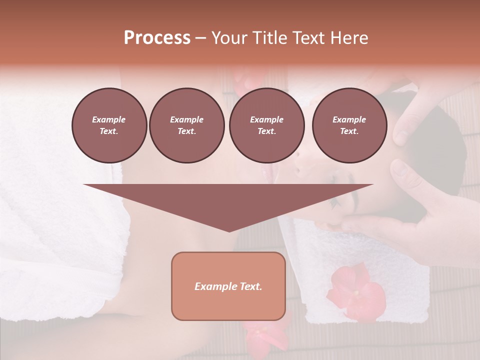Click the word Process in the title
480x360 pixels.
(157, 37)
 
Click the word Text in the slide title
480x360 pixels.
(307, 38)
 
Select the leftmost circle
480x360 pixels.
(109, 125)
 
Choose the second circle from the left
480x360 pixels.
(186, 125)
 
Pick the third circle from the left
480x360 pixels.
(266, 125)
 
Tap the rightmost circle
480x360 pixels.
(349, 125)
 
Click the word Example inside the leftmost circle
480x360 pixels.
(109, 119)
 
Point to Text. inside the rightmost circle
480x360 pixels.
(349, 131)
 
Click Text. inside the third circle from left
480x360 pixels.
(266, 131)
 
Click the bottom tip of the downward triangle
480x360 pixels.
(229, 231)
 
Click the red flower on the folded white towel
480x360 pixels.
(355, 292)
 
